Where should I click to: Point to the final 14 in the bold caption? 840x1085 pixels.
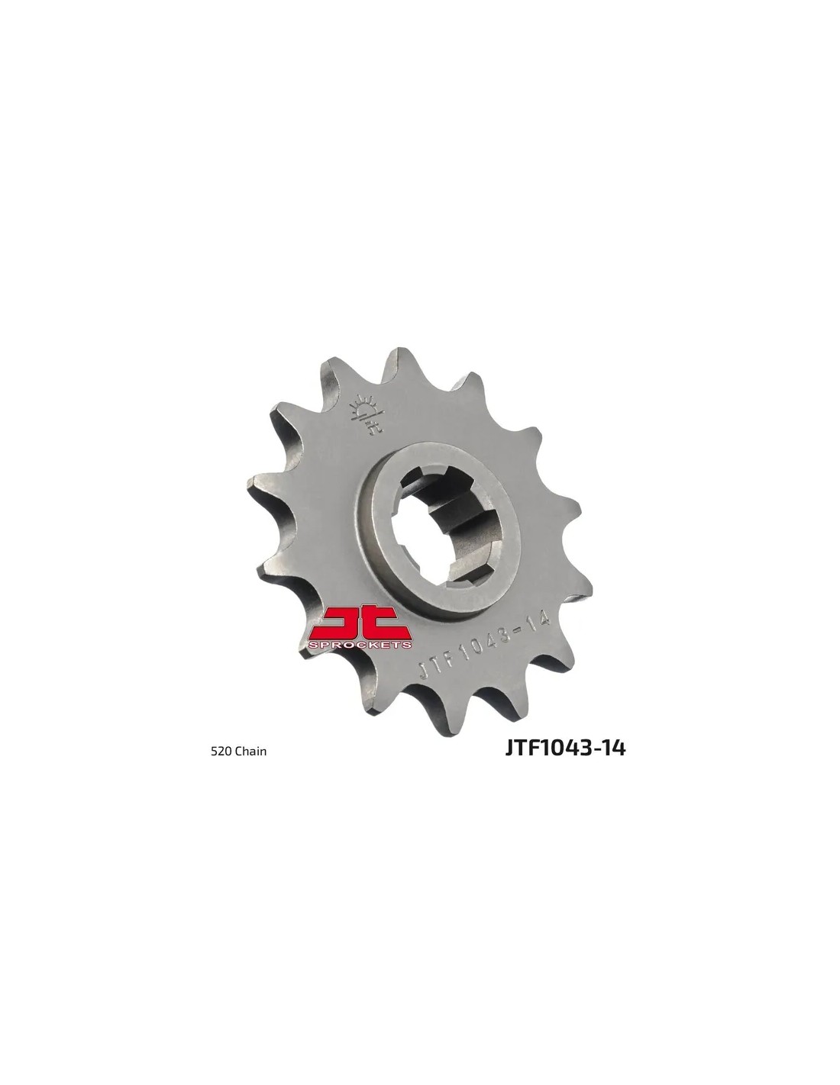click(x=614, y=761)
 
